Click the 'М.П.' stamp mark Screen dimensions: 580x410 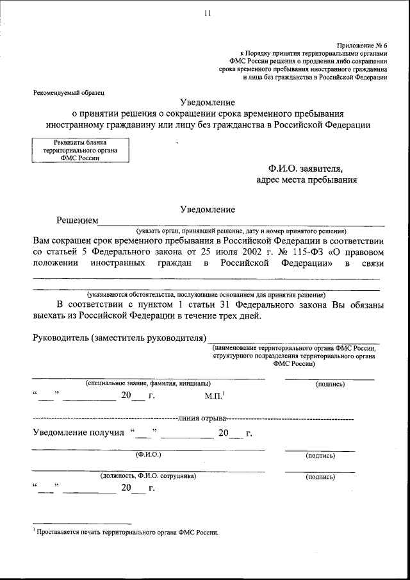(x=214, y=395)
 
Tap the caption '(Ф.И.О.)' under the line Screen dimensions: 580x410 (x=149, y=455)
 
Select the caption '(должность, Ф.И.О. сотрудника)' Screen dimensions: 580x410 (x=148, y=476)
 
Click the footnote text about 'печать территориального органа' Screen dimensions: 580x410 (x=128, y=532)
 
